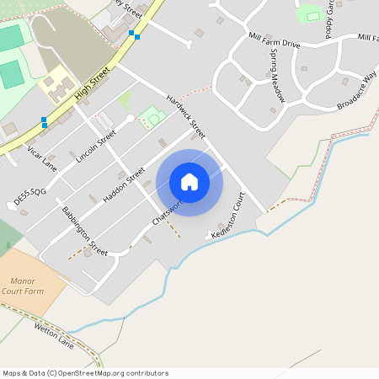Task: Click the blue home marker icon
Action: [189, 182]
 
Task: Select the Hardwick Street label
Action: [185, 116]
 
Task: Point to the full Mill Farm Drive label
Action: [275, 42]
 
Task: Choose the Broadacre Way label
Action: [356, 92]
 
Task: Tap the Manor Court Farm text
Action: [23, 286]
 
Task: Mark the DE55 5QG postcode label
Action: [29, 197]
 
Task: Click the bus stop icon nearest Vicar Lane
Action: [44, 122]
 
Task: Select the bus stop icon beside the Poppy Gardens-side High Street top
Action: [132, 35]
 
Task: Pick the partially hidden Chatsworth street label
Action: [167, 211]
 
